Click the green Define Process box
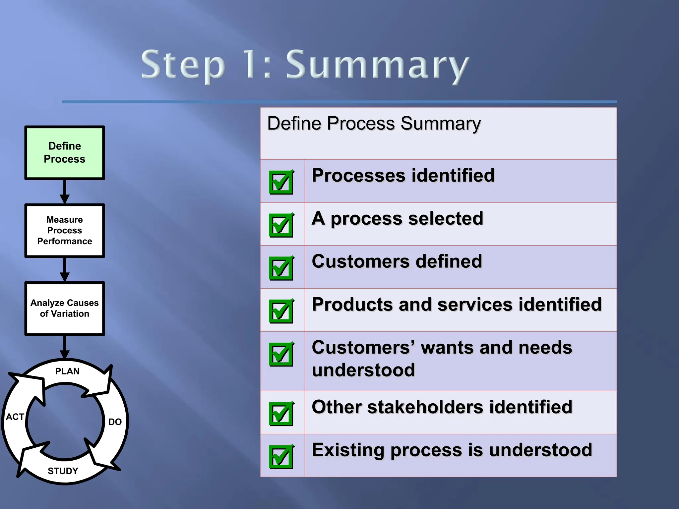65,153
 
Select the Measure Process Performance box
65,230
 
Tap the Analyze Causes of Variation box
65,308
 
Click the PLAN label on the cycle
67,371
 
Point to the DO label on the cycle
115,422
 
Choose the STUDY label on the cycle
63,471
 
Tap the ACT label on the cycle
15,417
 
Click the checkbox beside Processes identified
281,182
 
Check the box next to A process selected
281,225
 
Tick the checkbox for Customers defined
281,268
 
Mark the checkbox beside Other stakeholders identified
281,414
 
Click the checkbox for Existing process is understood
281,457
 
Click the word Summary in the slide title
377,65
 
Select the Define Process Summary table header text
374,124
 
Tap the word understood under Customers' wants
363,370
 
